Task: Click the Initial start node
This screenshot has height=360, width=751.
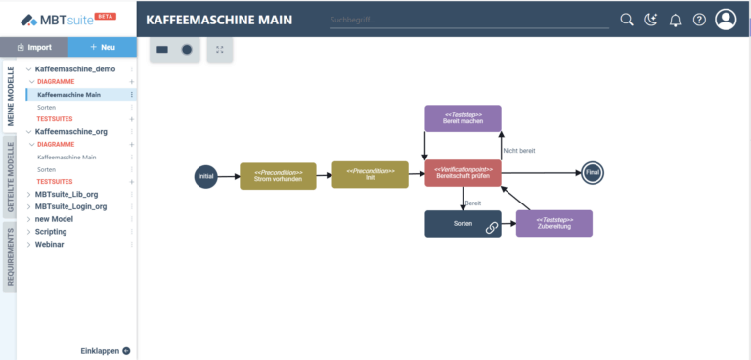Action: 205,176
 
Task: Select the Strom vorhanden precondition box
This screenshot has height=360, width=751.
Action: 279,176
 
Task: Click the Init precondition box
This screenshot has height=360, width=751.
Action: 370,175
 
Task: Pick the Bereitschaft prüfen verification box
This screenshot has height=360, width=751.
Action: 463,173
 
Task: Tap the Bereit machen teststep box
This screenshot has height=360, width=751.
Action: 463,118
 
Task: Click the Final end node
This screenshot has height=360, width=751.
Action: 593,173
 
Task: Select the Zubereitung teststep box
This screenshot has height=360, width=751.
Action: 553,223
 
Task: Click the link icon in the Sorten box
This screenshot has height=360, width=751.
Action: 491,227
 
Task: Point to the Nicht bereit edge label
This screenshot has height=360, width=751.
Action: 518,150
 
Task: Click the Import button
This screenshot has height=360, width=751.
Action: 34,47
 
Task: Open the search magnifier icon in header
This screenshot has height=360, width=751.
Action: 628,20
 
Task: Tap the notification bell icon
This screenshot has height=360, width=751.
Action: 675,20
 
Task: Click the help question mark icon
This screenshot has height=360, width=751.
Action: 699,20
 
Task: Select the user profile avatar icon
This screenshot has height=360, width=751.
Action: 727,20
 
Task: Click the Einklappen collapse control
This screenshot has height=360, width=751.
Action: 105,350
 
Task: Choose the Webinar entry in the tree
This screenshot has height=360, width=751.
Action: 50,244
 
